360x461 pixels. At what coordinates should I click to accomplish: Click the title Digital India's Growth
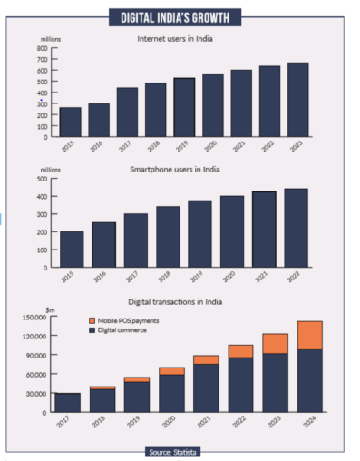(181, 18)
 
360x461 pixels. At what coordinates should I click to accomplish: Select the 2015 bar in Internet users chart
(70, 122)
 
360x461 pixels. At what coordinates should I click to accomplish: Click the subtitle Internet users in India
(181, 39)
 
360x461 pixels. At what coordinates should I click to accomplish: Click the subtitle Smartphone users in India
(181, 169)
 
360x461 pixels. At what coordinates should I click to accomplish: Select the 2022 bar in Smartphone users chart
(297, 228)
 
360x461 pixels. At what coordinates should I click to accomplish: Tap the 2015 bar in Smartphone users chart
(72, 249)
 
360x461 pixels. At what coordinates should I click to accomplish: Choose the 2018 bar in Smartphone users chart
(168, 236)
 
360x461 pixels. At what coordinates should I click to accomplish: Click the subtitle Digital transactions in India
(181, 300)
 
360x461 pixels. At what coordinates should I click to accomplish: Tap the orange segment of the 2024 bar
(309, 335)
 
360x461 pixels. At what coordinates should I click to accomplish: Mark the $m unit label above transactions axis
(51, 309)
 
